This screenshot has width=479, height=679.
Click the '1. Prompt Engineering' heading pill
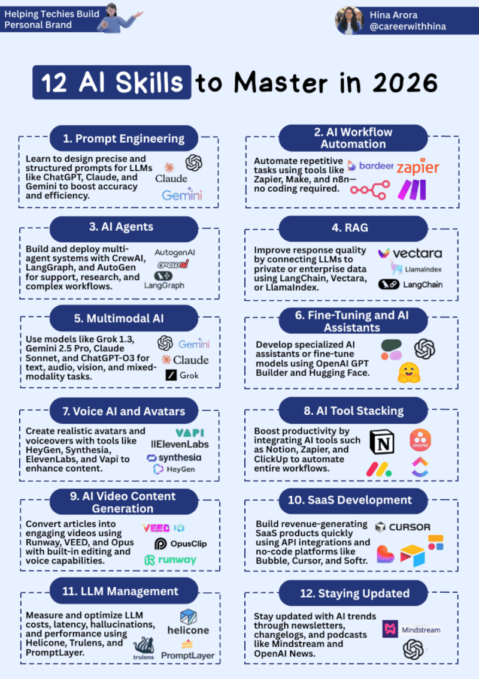124,138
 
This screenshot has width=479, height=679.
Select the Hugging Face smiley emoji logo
409,373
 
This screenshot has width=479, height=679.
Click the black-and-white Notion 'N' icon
381,442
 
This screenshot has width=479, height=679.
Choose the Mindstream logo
412,629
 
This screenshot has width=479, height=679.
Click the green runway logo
170,560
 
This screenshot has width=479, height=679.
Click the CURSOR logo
402,527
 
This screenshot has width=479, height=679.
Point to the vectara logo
410,254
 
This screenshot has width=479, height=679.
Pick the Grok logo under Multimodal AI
182,375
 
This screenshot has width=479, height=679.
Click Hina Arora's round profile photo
349,20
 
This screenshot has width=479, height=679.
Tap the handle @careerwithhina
407,26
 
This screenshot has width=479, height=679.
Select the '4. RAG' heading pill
353,228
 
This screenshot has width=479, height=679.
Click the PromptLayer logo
187,651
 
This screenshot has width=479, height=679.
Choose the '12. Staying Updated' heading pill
353,593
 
